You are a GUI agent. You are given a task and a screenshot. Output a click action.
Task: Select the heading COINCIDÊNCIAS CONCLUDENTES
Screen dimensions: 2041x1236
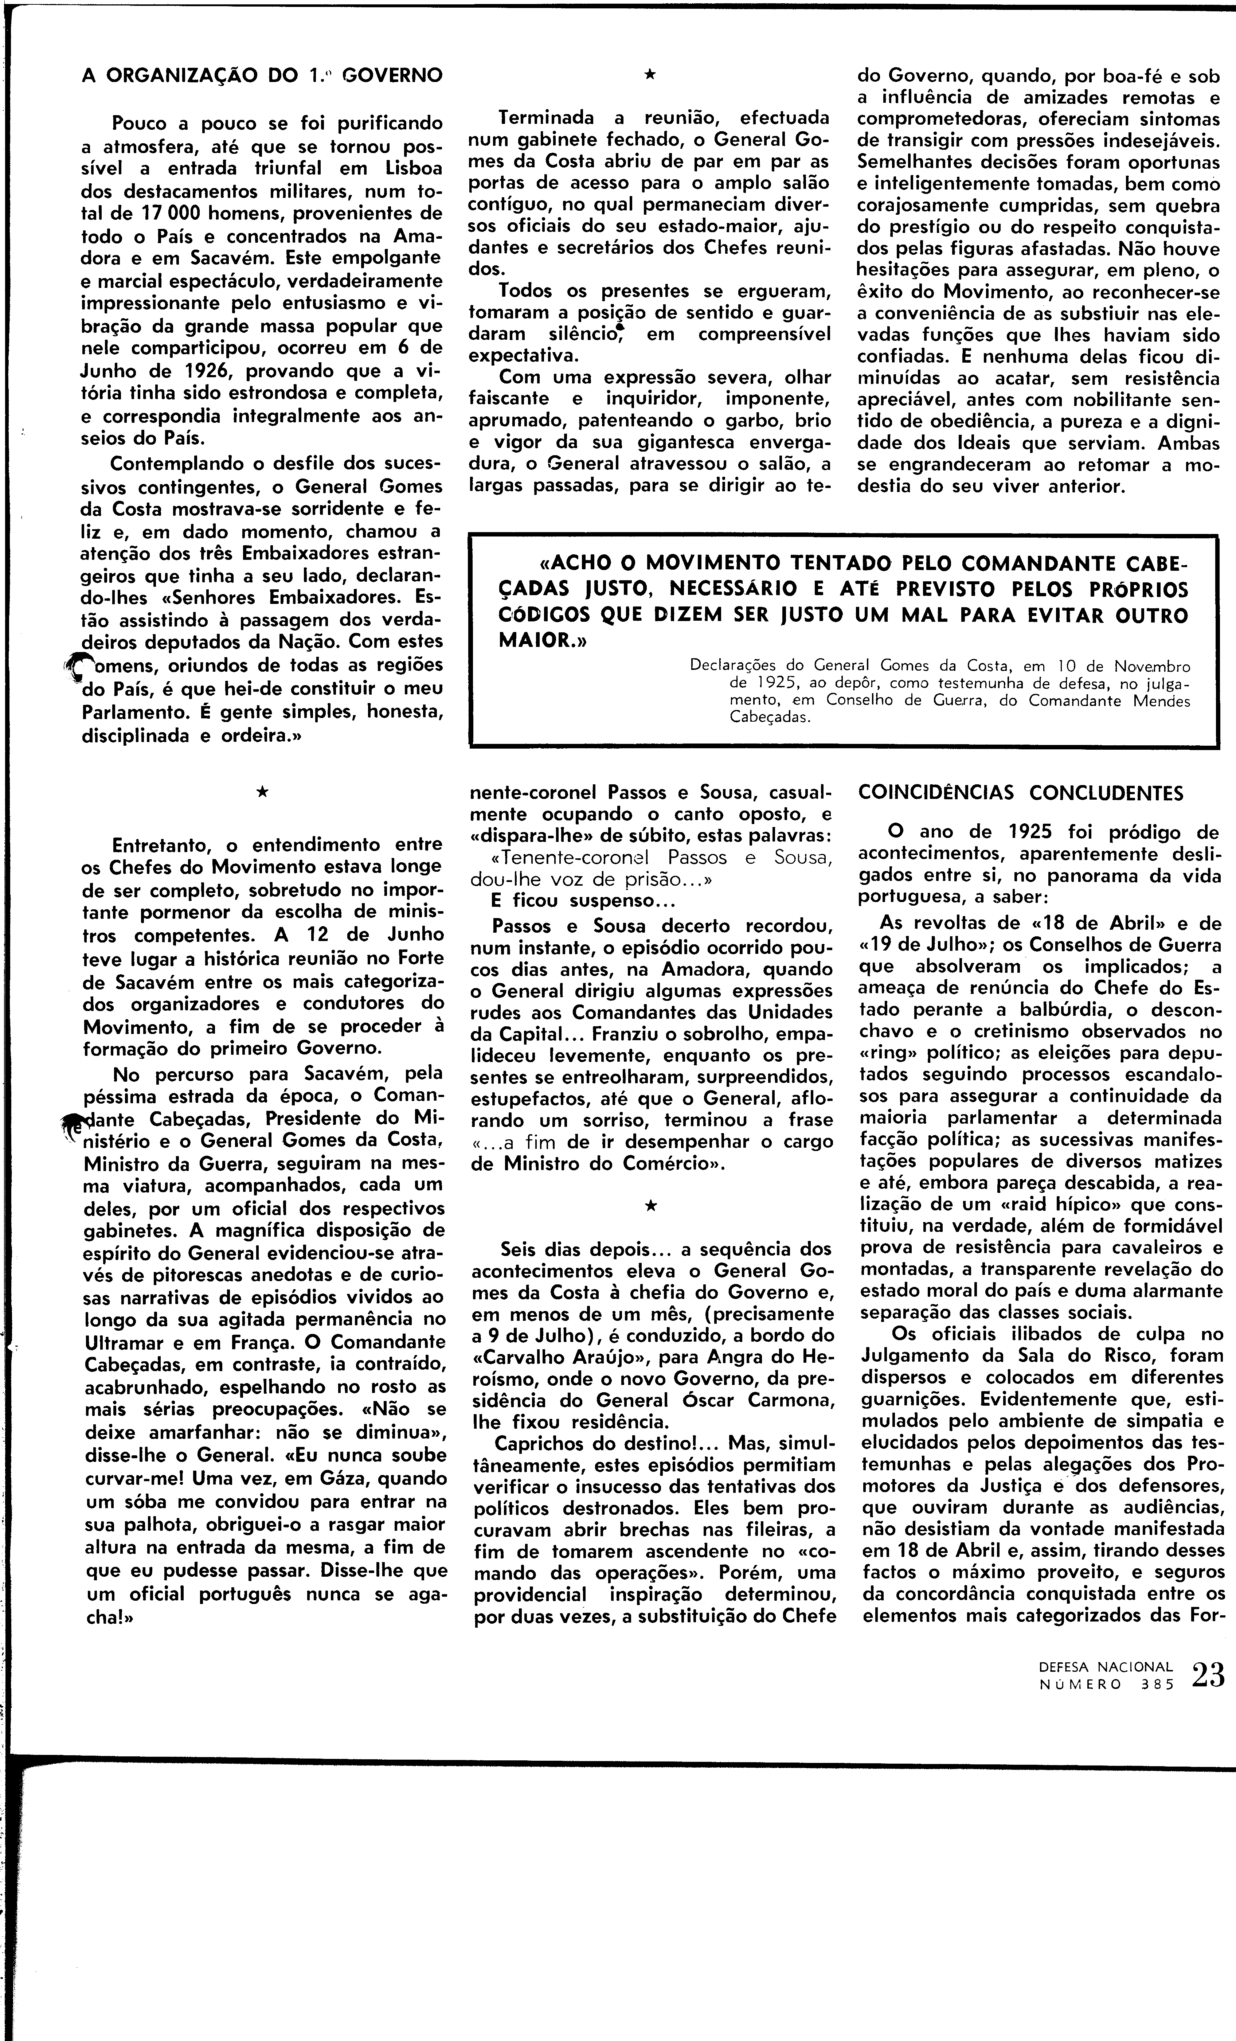click(x=1021, y=793)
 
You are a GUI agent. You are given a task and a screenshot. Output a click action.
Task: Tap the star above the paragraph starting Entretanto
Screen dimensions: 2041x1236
click(x=262, y=793)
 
